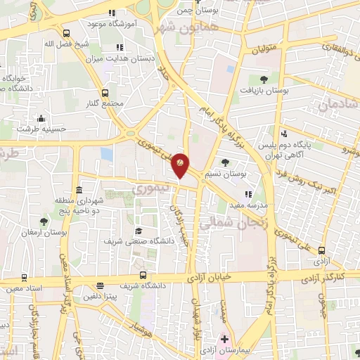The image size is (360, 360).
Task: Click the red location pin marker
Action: (x=180, y=164)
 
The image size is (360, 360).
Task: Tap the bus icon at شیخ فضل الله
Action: (x=66, y=32)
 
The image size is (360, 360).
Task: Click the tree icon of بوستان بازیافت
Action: (x=264, y=79)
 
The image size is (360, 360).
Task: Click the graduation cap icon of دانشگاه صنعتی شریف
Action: (x=139, y=231)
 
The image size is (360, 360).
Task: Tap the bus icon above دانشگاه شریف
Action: (x=143, y=275)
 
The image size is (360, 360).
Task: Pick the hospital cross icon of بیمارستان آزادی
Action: (x=224, y=339)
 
